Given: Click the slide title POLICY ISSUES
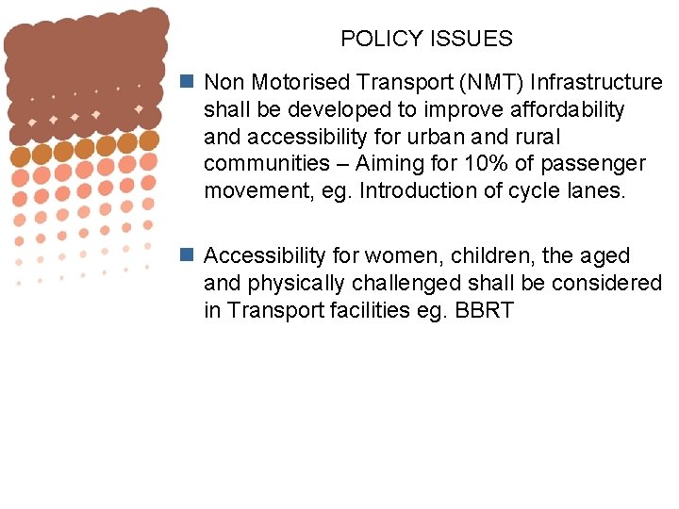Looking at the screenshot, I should tap(426, 39).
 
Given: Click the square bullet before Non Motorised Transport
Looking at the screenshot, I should tap(189, 82).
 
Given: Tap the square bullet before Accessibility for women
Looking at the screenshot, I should tap(189, 255).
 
